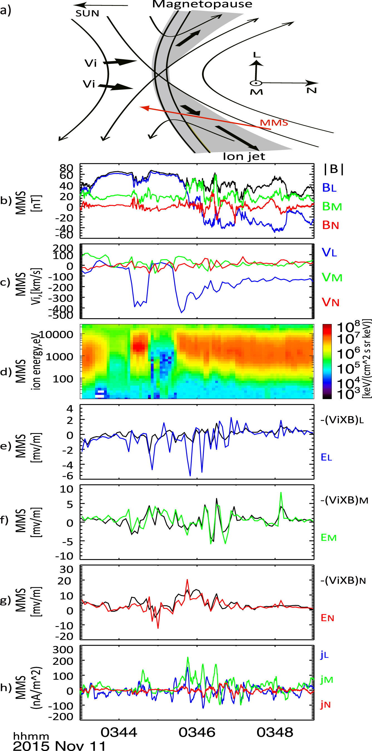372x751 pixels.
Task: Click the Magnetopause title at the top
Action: pyautogui.click(x=202, y=4)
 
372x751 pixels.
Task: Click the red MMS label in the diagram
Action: pyautogui.click(x=274, y=123)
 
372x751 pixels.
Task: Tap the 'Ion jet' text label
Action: pyautogui.click(x=244, y=157)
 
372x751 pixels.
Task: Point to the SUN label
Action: pyautogui.click(x=87, y=13)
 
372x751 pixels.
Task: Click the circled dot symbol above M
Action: pyautogui.click(x=256, y=83)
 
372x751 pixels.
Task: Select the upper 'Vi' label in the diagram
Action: pyautogui.click(x=90, y=63)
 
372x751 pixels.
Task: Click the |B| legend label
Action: pyautogui.click(x=334, y=169)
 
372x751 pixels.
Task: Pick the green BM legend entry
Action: pyautogui.click(x=332, y=206)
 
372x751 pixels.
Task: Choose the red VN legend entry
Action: pyautogui.click(x=331, y=302)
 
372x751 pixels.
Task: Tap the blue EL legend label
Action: pyautogui.click(x=326, y=457)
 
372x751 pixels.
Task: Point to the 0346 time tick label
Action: pyautogui.click(x=197, y=732)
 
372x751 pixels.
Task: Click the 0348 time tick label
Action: pyautogui.click(x=275, y=732)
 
